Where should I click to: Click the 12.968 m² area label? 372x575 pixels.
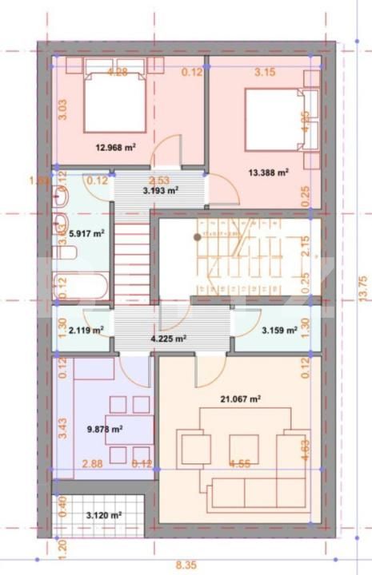[116, 147]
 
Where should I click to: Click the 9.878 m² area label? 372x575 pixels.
[104, 429]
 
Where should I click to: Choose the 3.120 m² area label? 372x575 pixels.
[104, 517]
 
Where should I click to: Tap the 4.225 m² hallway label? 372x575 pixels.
[169, 338]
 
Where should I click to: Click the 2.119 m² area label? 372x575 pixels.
[86, 329]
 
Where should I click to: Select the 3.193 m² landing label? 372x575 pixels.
[160, 191]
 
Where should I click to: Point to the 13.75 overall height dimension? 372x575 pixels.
[362, 287]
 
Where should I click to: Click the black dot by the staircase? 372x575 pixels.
[197, 236]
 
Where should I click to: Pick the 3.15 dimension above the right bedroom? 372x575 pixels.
[265, 73]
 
